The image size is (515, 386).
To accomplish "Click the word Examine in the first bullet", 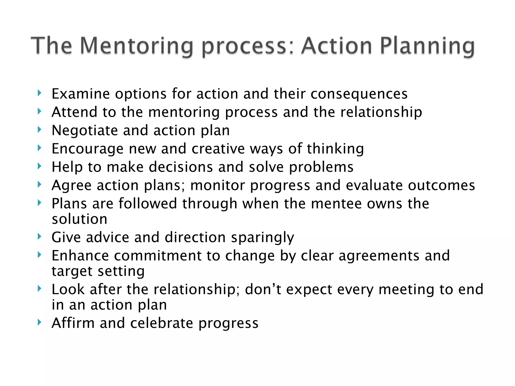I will (80, 94).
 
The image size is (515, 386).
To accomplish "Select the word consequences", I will (359, 94).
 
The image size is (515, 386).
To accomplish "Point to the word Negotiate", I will (84, 130).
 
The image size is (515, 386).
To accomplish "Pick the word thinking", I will (335, 149).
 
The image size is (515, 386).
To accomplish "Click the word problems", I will (321, 167).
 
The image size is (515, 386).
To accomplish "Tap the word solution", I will (79, 219).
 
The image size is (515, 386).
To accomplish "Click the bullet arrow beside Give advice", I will (39, 236).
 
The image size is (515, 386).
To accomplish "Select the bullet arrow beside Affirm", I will (39, 322).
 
